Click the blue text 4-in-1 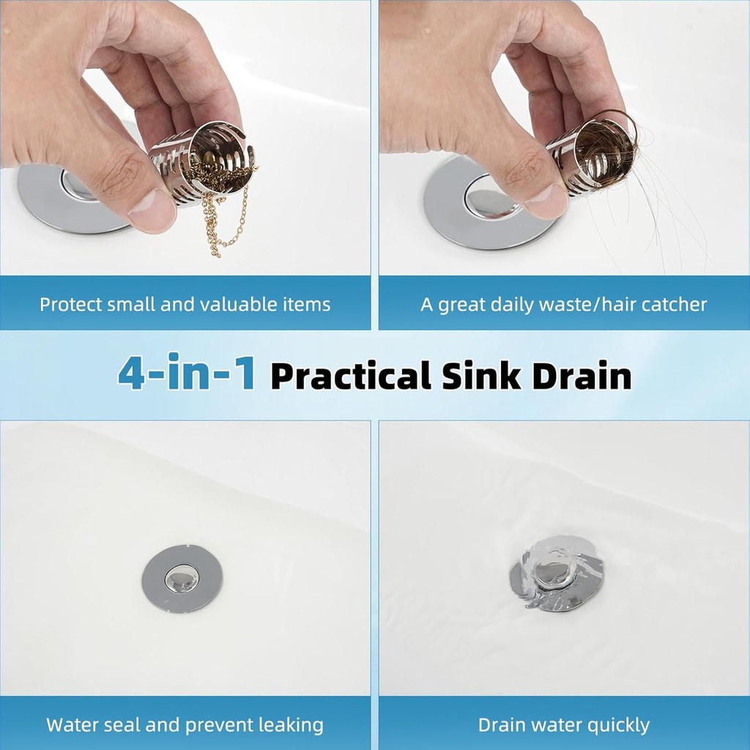(186, 374)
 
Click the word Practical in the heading (350, 376)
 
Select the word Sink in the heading (480, 376)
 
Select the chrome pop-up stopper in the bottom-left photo (181, 579)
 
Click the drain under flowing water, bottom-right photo (557, 575)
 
